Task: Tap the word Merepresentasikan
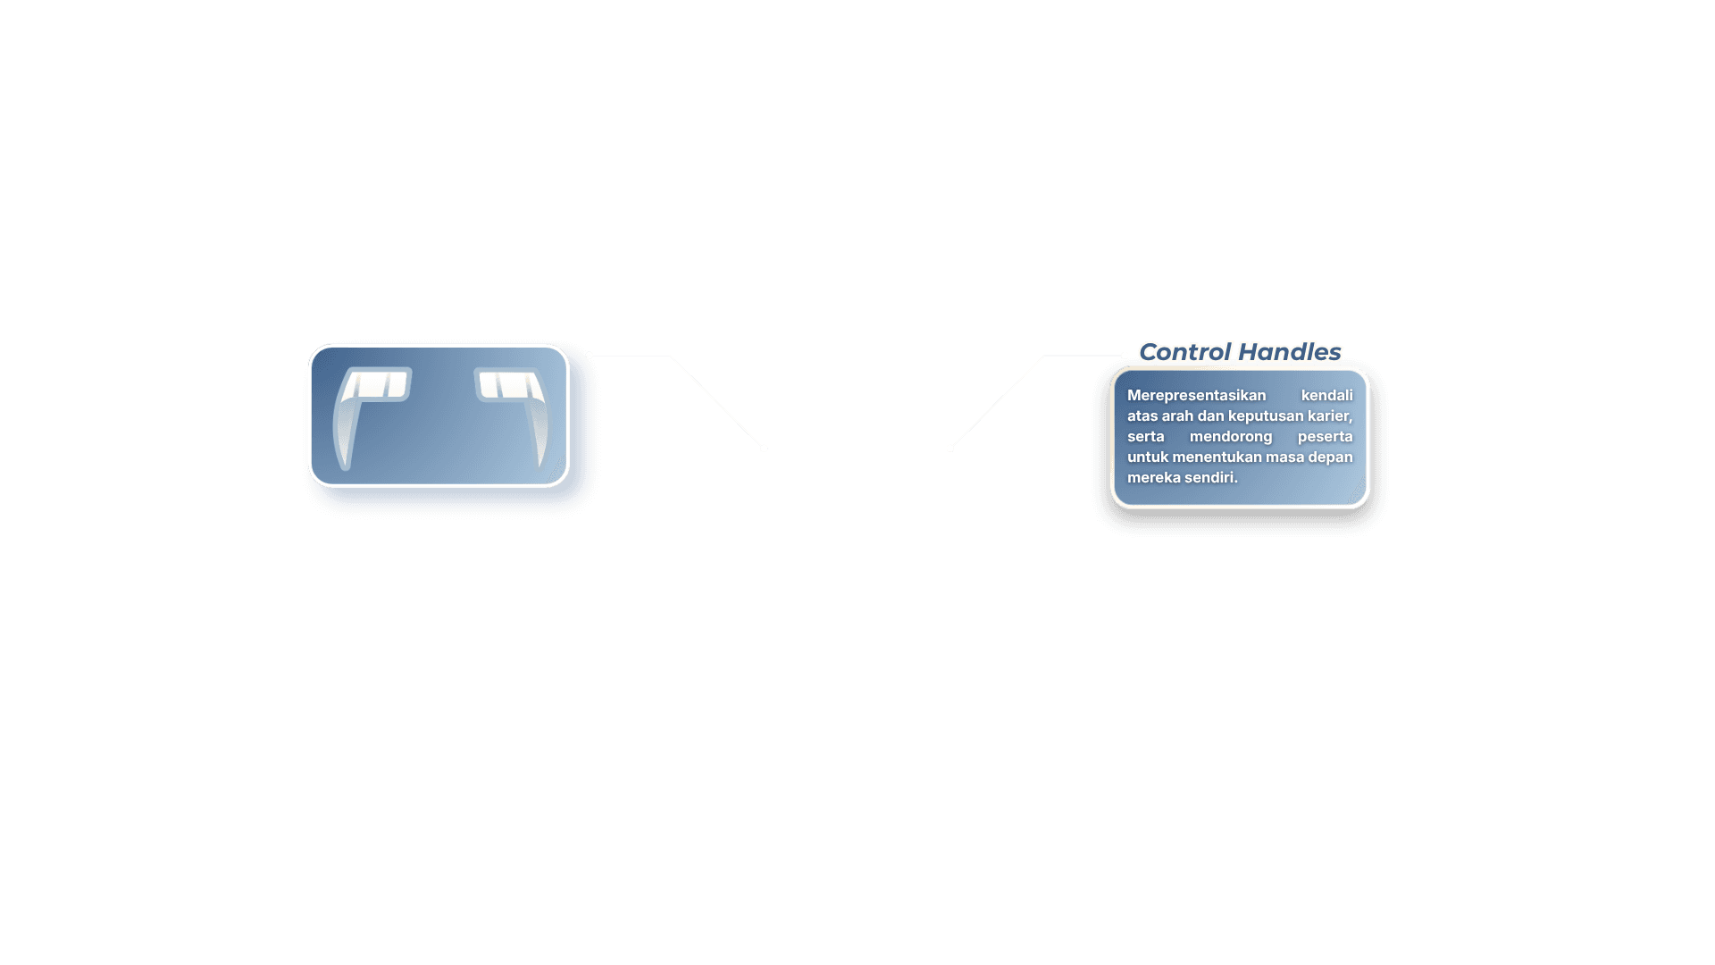pos(1196,396)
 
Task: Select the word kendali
pos(1326,395)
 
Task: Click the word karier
pos(1330,416)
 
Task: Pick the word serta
pos(1145,437)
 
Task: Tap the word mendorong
pos(1231,437)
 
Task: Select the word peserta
pos(1326,437)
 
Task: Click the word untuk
pos(1148,457)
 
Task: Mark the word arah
pos(1177,416)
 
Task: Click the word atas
pos(1142,416)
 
